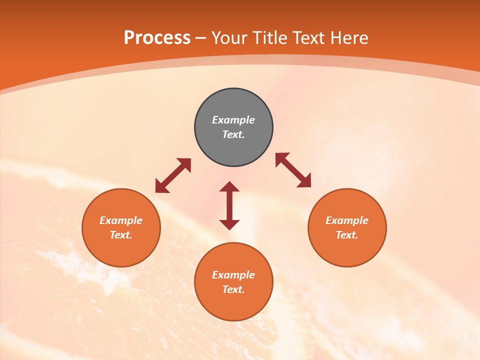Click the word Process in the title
(x=157, y=38)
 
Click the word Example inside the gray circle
(x=233, y=120)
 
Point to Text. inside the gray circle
(x=233, y=134)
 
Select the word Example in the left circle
(x=121, y=220)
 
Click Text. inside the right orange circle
(x=347, y=235)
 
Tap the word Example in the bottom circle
(x=233, y=275)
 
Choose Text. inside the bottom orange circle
(x=233, y=289)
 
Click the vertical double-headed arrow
(x=229, y=205)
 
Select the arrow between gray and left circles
(x=173, y=175)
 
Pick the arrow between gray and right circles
(x=293, y=170)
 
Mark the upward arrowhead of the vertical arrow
(x=229, y=186)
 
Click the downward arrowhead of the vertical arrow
(x=229, y=224)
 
